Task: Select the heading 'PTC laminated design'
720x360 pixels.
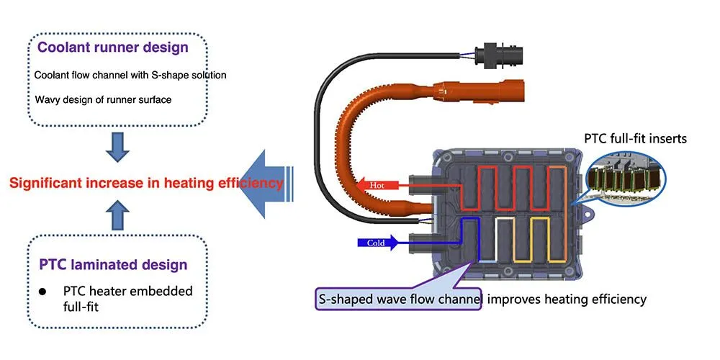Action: tap(113, 264)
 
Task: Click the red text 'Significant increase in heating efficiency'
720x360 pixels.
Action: tap(146, 183)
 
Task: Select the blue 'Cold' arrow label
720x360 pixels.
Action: tap(376, 243)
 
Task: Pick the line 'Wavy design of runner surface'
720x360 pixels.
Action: tap(103, 99)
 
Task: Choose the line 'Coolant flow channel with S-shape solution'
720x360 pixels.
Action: tap(130, 75)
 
